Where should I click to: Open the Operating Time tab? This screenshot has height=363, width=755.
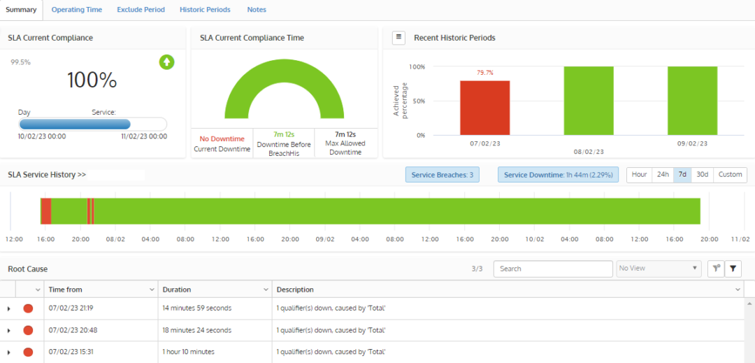76,10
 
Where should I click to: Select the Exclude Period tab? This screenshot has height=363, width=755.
141,10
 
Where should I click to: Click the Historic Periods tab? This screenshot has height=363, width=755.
206,10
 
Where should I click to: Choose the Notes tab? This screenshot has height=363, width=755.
257,10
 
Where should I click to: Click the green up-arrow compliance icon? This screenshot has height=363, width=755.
166,62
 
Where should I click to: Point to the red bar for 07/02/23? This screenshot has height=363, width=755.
484,108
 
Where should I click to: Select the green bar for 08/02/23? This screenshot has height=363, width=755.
589,101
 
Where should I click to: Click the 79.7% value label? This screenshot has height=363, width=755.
484,73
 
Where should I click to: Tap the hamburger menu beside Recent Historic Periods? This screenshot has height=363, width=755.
398,38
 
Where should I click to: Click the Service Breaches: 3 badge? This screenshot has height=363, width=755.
443,175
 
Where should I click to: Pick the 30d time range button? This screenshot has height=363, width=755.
702,175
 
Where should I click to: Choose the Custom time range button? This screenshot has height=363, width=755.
730,175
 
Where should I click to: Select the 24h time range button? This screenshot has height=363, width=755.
661,175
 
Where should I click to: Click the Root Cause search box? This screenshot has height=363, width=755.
553,269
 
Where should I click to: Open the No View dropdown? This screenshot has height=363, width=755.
659,269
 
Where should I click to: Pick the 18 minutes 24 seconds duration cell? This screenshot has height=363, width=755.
197,330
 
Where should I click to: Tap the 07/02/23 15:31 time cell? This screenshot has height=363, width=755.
71,352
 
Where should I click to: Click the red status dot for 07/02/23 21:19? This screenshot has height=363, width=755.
28,308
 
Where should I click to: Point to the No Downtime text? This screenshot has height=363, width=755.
221,138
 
